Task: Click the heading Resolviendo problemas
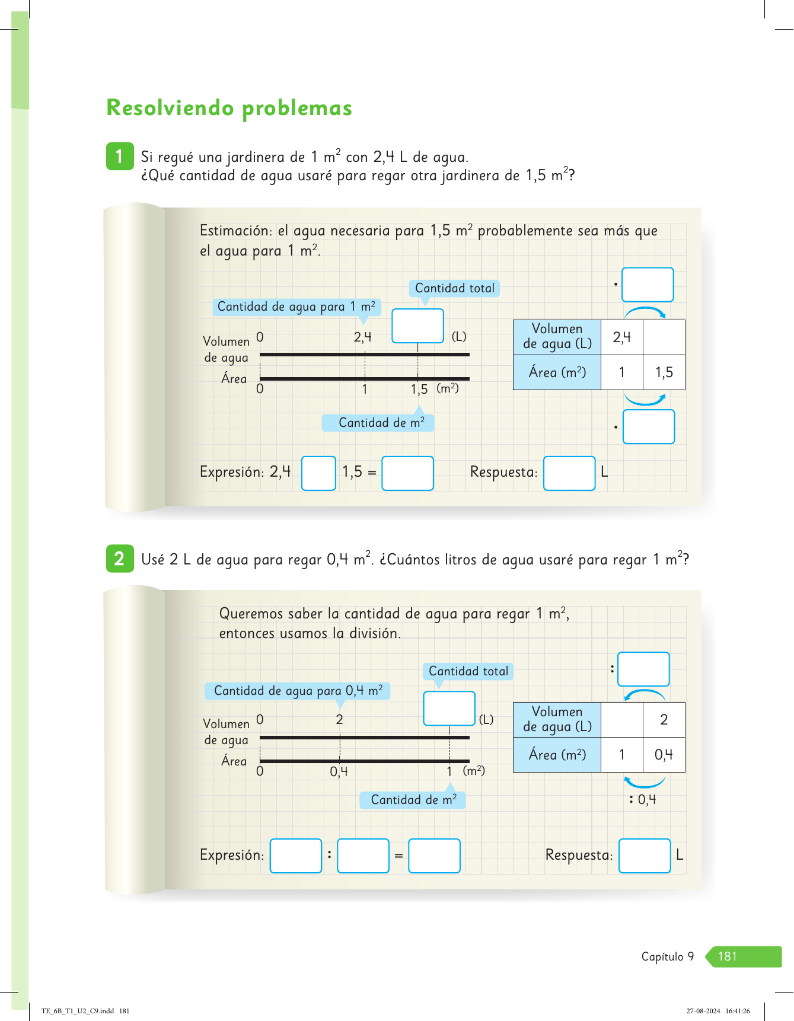[x=229, y=108]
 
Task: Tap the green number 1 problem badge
[x=120, y=157]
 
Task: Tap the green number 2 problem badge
[x=120, y=559]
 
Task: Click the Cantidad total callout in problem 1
[x=454, y=288]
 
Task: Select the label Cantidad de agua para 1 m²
[x=296, y=307]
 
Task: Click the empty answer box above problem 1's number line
[x=417, y=326]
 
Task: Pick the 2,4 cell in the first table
[x=621, y=337]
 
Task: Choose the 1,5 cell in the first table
[x=664, y=372]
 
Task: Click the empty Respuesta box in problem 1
[x=569, y=473]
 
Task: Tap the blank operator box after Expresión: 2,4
[x=318, y=473]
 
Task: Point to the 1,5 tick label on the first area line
[x=419, y=390]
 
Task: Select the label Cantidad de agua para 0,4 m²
[x=298, y=691]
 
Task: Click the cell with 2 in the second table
[x=664, y=720]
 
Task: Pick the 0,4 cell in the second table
[x=664, y=755]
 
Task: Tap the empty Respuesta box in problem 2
[x=644, y=856]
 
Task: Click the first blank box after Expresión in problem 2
[x=295, y=856]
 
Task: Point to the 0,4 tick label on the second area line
[x=339, y=772]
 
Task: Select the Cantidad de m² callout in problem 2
[x=413, y=800]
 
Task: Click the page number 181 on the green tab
[x=727, y=956]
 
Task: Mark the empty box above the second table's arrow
[x=643, y=669]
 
